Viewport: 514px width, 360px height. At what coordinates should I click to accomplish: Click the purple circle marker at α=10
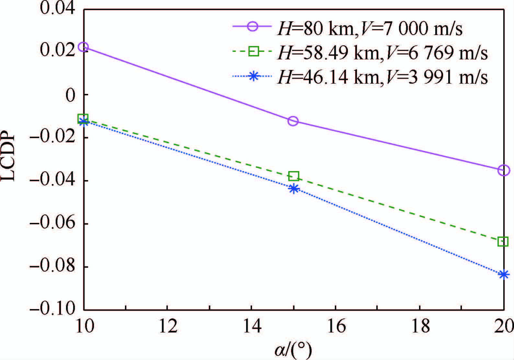point(84,47)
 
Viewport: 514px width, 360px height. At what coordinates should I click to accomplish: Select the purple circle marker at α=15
point(293,121)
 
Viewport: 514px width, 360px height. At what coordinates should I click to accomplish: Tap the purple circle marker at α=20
point(504,170)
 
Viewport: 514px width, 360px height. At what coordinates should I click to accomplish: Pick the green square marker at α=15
point(293,176)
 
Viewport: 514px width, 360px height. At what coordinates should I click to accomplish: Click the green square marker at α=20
point(503,241)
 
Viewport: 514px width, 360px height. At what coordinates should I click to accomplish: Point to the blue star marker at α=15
point(293,189)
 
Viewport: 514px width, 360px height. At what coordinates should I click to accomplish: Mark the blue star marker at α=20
point(504,274)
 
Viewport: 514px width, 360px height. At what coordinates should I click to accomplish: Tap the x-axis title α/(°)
point(293,350)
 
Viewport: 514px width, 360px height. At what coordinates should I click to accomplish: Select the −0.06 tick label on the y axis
point(53,224)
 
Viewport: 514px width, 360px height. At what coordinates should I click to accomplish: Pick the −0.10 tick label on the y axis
point(53,309)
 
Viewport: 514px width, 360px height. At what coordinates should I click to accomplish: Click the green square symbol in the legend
point(254,51)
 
